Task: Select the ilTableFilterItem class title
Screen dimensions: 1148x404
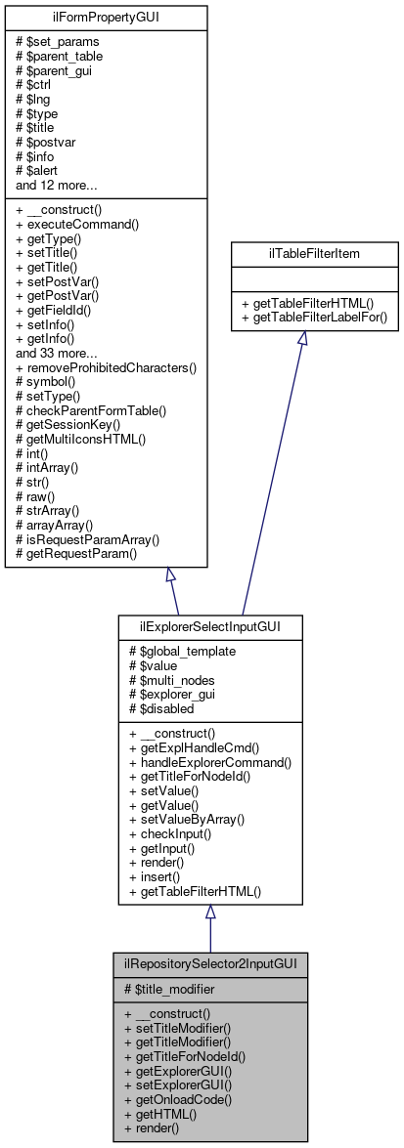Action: (314, 253)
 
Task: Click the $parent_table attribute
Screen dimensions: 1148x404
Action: (67, 55)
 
